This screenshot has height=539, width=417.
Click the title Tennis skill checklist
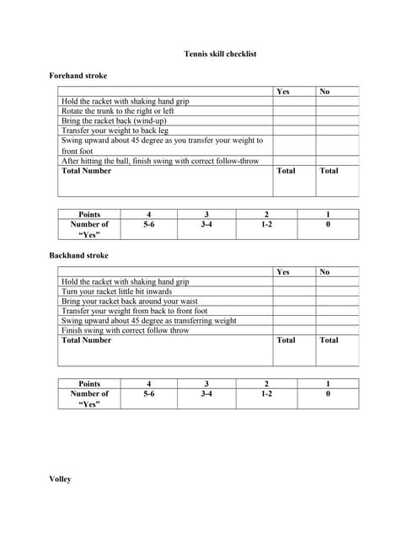(220, 54)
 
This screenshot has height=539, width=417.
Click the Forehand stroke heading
(78, 76)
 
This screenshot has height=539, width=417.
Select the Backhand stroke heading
(79, 255)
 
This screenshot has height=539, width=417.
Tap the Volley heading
(61, 479)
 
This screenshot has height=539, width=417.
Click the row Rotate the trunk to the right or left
(118, 111)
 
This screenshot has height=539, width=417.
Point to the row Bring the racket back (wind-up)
(112, 121)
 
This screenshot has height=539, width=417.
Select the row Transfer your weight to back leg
(115, 131)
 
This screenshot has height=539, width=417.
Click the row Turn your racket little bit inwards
(116, 291)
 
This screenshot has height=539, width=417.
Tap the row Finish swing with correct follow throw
(126, 330)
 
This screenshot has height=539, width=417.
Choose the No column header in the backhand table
(324, 271)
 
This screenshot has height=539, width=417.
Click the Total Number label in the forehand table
(87, 170)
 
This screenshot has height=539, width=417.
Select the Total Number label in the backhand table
(87, 340)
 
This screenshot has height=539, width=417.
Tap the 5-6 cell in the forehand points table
(148, 225)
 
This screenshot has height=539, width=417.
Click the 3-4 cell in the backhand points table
(206, 393)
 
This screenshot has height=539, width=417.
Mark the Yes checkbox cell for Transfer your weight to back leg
(293, 131)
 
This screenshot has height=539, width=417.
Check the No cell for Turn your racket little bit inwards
(337, 291)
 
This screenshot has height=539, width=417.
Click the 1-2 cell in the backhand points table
(266, 393)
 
